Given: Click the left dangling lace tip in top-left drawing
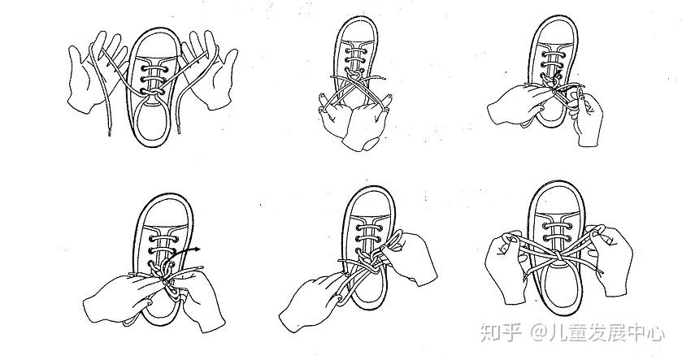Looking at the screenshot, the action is [109, 132].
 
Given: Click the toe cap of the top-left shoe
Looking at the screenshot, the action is [154, 44].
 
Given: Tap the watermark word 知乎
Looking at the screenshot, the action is [501, 332].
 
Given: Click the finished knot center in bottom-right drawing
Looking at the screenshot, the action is [557, 257].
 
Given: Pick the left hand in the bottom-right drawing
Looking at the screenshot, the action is [506, 265].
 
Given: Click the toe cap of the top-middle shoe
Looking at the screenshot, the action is [358, 30].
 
